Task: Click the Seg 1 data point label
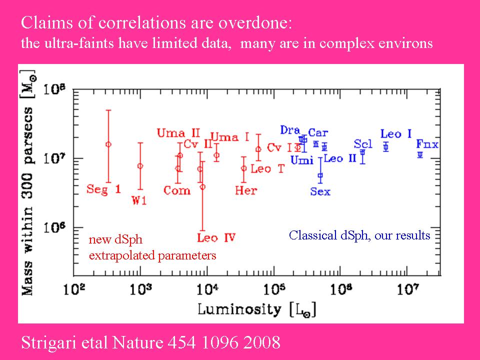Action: click(103, 189)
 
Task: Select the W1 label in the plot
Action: click(138, 200)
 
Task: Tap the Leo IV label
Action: click(216, 237)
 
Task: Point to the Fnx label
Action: click(427, 145)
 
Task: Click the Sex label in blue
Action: click(320, 191)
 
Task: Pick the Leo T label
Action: click(267, 169)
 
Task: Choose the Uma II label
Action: click(178, 133)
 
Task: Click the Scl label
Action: click(363, 144)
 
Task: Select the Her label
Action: click(245, 190)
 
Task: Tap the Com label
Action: click(177, 190)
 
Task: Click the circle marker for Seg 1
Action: click(108, 144)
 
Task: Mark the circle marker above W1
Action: click(140, 166)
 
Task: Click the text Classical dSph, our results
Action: click(359, 235)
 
